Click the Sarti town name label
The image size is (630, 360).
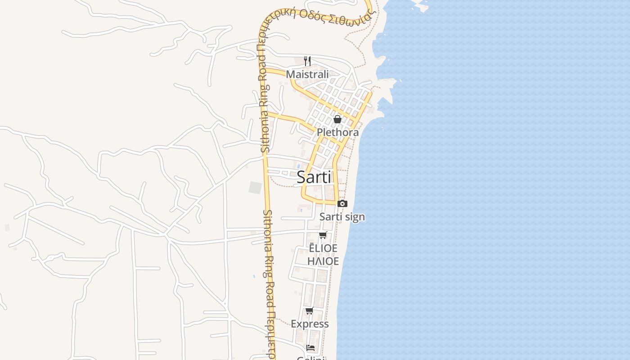coord(314,177)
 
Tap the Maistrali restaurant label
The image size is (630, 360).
coord(307,74)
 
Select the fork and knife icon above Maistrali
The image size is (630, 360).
coord(307,61)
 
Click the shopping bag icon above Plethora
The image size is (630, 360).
coord(337,119)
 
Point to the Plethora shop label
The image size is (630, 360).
coord(337,132)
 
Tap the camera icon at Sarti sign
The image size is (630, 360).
coord(342,204)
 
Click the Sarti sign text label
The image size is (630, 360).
coord(342,217)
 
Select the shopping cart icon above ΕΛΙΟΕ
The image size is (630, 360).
coord(323,235)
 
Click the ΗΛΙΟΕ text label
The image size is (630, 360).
coord(323,261)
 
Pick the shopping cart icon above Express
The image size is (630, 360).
coord(309,311)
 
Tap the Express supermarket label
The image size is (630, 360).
coord(310,324)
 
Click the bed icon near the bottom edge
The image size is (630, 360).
coord(310,347)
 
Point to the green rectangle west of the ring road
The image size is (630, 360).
coord(255,188)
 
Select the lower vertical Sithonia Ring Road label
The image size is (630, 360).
coord(269,283)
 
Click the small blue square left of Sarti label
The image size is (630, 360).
coord(298,166)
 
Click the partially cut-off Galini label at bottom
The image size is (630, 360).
coord(310,358)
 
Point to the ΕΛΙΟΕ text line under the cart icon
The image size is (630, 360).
coord(323,248)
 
